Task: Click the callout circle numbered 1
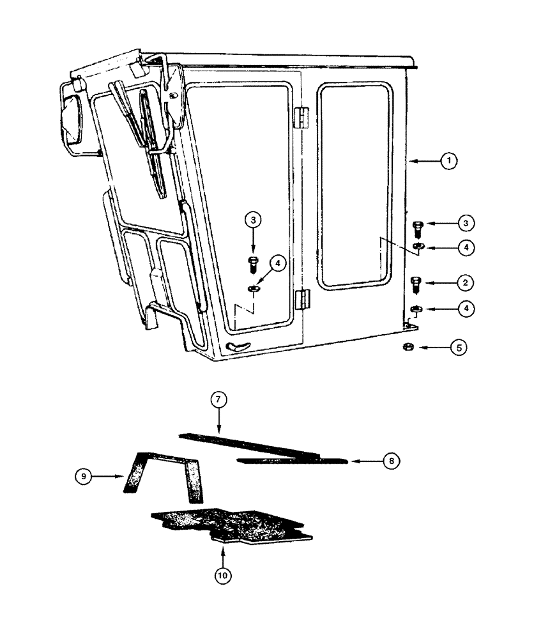pyautogui.click(x=449, y=161)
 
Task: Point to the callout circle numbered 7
pyautogui.click(x=218, y=401)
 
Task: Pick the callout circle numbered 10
pyautogui.click(x=222, y=575)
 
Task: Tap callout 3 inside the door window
pyautogui.click(x=253, y=220)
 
